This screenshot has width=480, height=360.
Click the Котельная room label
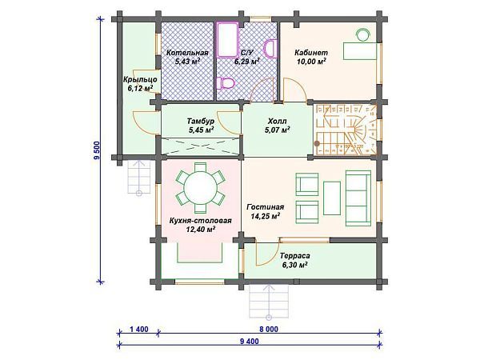(187, 53)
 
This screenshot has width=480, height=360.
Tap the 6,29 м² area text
(247, 62)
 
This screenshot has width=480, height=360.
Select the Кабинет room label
(311, 53)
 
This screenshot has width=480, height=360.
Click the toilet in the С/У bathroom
(226, 83)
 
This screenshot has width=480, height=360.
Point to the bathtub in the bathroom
(227, 39)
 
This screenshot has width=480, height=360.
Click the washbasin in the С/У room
(270, 48)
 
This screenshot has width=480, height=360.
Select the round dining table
(200, 188)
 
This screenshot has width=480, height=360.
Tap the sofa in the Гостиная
(358, 198)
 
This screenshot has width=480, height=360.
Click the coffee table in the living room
(332, 198)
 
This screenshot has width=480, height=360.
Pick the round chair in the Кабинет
(363, 34)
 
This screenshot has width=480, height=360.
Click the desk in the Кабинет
(359, 51)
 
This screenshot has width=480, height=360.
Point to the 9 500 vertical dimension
(98, 150)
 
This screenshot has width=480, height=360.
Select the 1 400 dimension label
(138, 330)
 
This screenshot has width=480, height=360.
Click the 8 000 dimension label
(269, 330)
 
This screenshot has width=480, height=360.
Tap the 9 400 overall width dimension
(250, 342)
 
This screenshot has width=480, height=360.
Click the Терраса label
(294, 256)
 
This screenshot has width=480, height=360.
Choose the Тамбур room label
(201, 122)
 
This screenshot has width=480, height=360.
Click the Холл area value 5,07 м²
(278, 130)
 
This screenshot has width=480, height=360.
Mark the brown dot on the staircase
(317, 143)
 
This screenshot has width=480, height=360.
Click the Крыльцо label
(140, 79)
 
